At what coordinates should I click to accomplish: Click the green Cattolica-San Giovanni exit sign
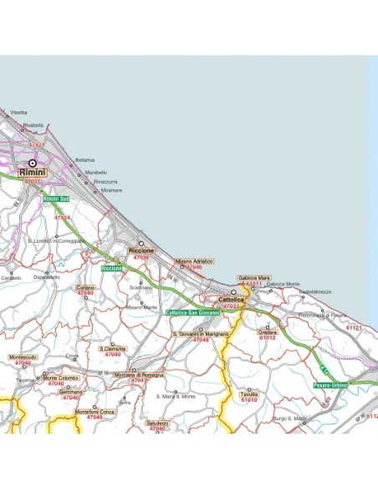coord(192,312)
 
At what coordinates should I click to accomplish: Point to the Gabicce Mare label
coord(253,277)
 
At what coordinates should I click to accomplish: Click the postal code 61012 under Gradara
coord(268,337)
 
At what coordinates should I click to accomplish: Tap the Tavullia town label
coord(248,394)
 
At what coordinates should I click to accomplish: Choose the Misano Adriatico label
coord(194,261)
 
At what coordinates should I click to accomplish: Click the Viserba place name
coord(18,111)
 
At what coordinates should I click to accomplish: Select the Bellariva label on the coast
coord(85,159)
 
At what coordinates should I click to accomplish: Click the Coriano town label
coord(85,287)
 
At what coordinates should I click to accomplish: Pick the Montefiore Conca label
coord(94,411)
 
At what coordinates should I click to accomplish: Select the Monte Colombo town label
coord(62,378)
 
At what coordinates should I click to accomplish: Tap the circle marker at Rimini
coord(33,163)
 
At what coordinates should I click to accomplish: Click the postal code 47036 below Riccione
coord(141,257)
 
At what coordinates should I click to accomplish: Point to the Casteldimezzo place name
coord(315,291)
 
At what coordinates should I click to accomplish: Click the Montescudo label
coord(23,357)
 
